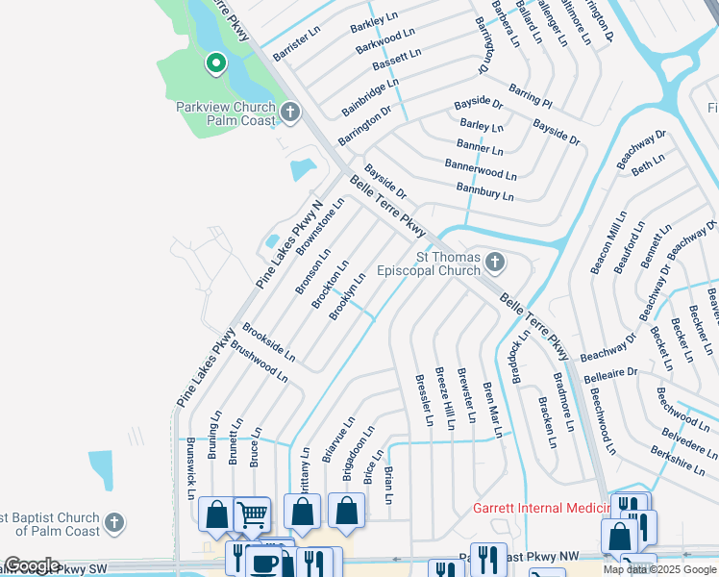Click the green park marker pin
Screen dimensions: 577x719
tap(216, 64)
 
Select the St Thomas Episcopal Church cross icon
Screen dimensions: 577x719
tap(495, 262)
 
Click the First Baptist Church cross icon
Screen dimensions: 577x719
tap(113, 523)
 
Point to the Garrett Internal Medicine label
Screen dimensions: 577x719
tap(541, 509)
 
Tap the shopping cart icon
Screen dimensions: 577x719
tap(252, 514)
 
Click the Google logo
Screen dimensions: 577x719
tap(31, 565)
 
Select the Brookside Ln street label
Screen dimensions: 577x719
tap(268, 342)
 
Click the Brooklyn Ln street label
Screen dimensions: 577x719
tap(347, 296)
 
